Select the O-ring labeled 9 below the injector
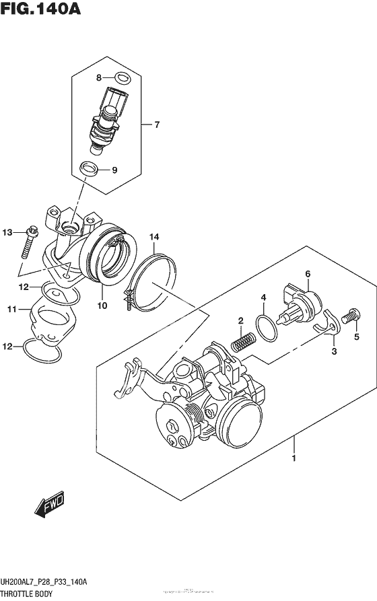click(88, 168)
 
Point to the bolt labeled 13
click(28, 242)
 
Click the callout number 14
click(154, 237)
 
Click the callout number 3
click(334, 351)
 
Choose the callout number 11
click(11, 310)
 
